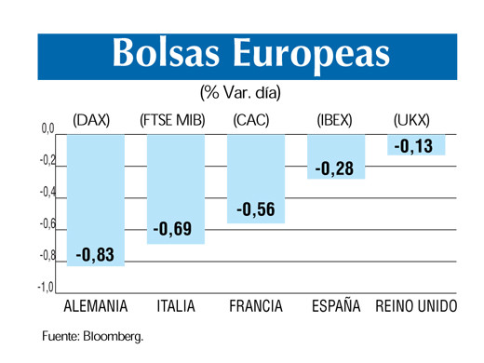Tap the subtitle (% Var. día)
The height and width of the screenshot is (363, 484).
tap(240, 93)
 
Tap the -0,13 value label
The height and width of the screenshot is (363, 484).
tap(413, 146)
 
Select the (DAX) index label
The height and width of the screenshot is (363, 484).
tap(91, 120)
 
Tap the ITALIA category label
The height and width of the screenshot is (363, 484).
tap(176, 306)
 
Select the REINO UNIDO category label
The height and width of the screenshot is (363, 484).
tap(415, 306)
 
